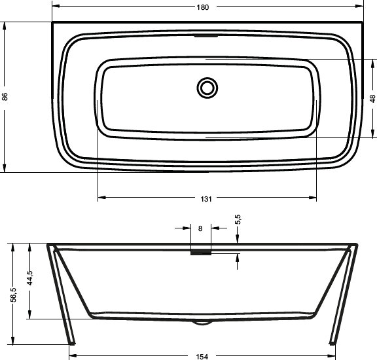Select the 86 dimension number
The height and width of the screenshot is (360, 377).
6,97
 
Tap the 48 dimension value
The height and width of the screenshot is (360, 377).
372,99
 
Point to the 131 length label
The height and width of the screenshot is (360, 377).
206,198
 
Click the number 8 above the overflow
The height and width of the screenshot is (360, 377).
200,228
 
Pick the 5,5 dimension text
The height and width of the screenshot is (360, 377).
238,219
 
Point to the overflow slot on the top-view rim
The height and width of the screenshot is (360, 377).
206,36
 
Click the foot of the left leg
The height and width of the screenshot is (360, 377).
71,341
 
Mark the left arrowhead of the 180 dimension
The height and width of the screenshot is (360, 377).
55,7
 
